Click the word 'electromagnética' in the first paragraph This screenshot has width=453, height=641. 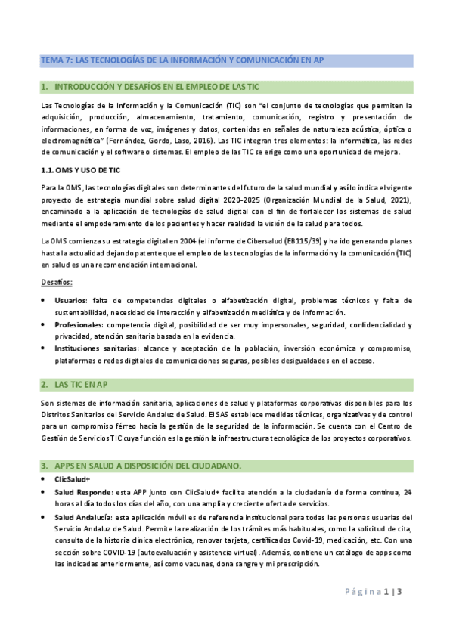75,141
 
